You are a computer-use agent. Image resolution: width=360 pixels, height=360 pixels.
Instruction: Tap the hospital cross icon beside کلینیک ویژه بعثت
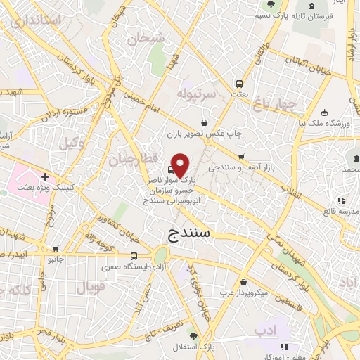[x=46, y=176]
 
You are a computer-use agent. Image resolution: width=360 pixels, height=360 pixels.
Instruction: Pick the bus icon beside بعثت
[x=240, y=82]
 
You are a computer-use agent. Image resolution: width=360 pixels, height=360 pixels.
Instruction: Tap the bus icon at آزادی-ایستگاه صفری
[x=134, y=256]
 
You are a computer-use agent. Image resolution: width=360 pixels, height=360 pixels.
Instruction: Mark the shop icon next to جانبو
[x=56, y=248]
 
